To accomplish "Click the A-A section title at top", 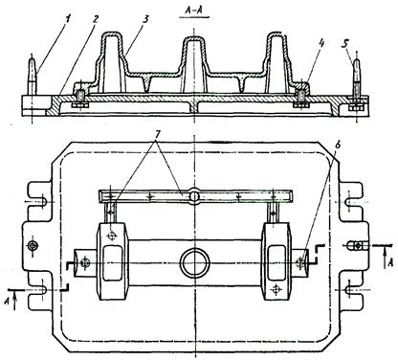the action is point(194,11).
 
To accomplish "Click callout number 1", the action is point(68,18).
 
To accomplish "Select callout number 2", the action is point(94,19).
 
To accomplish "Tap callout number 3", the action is point(145,19).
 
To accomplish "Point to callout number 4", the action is point(321,44).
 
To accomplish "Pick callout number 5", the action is point(344,44).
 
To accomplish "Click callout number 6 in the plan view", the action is point(339,145).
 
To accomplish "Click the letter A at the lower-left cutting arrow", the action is point(8,301).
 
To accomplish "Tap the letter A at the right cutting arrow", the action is point(389,262).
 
